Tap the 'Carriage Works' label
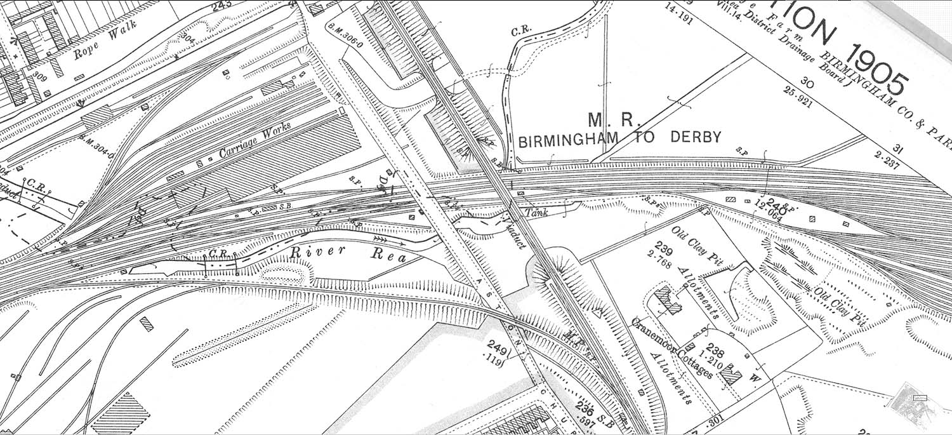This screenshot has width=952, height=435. tap(255, 141)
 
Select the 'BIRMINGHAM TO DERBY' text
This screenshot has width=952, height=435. tap(619, 139)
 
